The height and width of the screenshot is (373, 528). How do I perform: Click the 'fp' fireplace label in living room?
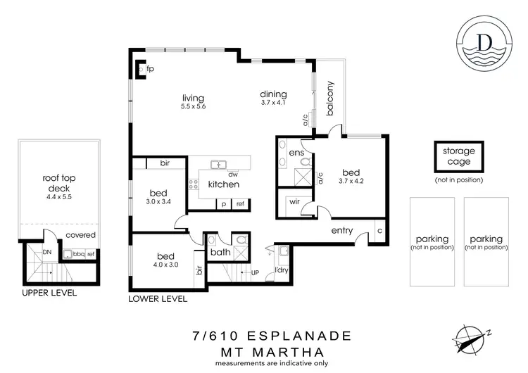150,70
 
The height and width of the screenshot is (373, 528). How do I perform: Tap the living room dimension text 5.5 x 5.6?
192,107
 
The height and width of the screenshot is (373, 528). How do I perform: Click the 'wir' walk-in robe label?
295,201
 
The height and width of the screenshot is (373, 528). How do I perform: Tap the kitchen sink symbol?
218,165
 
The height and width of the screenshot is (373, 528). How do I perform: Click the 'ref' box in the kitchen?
240,203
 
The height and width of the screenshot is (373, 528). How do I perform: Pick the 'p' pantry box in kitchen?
224,203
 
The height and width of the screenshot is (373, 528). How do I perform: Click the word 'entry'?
342,231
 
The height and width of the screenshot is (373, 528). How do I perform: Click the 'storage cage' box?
458,156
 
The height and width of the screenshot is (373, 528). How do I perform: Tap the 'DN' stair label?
47,251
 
